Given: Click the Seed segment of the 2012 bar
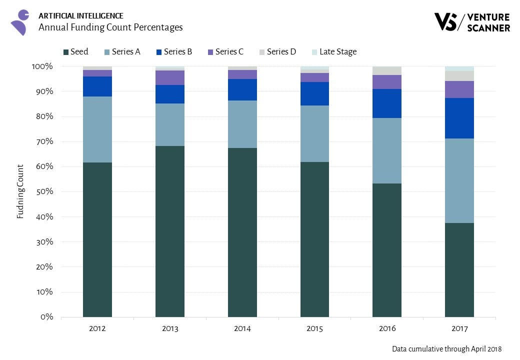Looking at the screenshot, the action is pyautogui.click(x=97, y=239).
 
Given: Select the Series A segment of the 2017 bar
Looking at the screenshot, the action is pyautogui.click(x=459, y=180).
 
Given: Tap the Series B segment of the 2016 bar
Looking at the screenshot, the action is pyautogui.click(x=387, y=103).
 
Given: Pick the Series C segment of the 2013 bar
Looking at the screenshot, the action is pyautogui.click(x=170, y=77).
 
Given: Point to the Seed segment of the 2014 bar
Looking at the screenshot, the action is pyautogui.click(x=242, y=232).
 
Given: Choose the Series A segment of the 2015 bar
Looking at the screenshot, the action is pyautogui.click(x=314, y=133).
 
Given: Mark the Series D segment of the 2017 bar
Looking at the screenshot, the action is pyautogui.click(x=459, y=76).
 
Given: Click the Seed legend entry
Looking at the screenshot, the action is pyautogui.click(x=76, y=51).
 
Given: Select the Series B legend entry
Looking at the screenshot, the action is pyautogui.click(x=174, y=51).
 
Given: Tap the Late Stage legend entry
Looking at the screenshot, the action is pyautogui.click(x=334, y=51).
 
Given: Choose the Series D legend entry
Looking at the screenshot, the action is pyautogui.click(x=277, y=51).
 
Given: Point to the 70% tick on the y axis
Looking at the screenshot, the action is pyautogui.click(x=44, y=141).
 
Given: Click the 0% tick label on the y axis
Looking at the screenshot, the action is pyautogui.click(x=47, y=317).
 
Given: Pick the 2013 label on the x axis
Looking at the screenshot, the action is pyautogui.click(x=170, y=328).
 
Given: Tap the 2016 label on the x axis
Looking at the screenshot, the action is pyautogui.click(x=387, y=328).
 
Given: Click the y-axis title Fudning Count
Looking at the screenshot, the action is pyautogui.click(x=20, y=191).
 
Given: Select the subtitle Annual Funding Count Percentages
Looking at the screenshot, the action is pyautogui.click(x=110, y=27).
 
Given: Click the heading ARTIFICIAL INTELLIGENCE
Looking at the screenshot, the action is pyautogui.click(x=80, y=15).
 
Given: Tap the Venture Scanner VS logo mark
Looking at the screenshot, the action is pyautogui.click(x=446, y=22).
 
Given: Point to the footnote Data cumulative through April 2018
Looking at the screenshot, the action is pyautogui.click(x=446, y=349).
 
